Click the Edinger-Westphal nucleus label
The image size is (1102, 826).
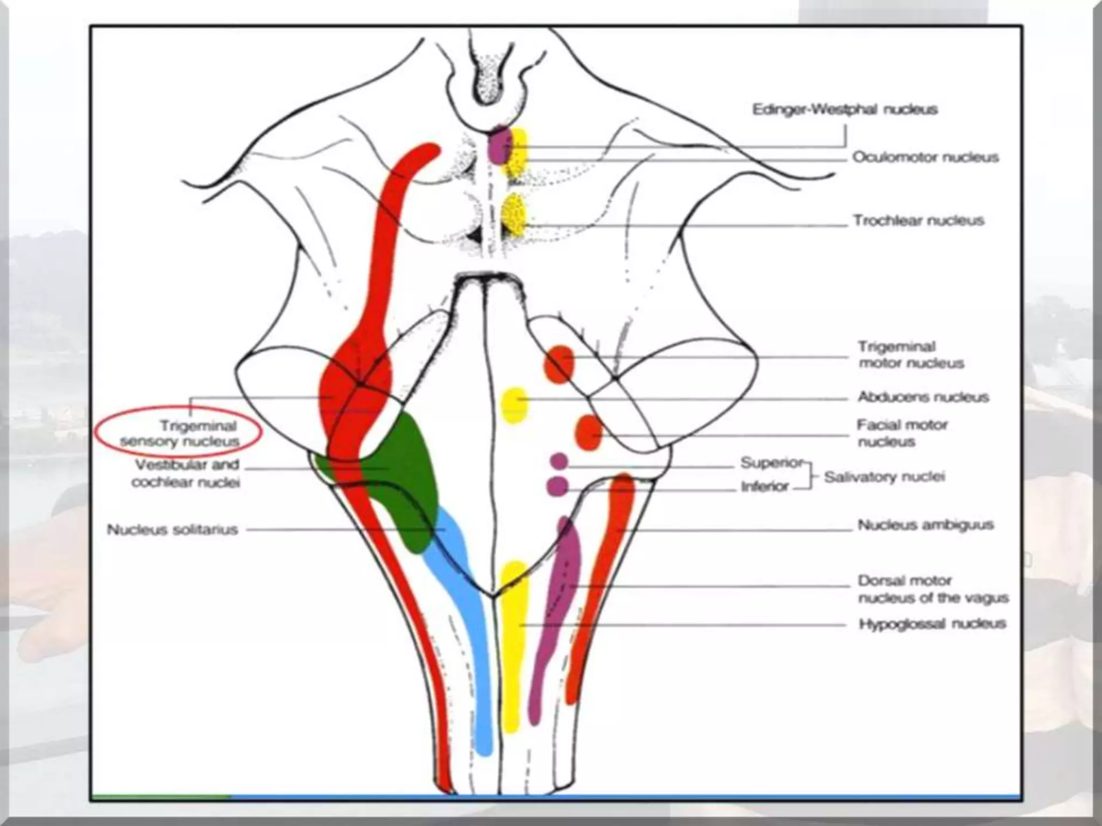[x=844, y=110]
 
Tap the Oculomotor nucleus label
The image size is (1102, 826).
[x=925, y=158]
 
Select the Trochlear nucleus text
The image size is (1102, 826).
[x=918, y=220]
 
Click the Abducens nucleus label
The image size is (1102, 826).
[x=923, y=397]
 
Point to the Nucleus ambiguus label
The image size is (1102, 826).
[x=925, y=525]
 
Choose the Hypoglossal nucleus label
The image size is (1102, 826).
[x=932, y=624]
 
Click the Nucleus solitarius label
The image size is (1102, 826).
[x=172, y=530]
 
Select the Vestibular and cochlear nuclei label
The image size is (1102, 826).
[x=186, y=473]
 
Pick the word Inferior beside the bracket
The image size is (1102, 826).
[x=764, y=487]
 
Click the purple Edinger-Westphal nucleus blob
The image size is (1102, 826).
[x=498, y=144]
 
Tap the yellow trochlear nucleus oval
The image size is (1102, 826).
[x=514, y=215]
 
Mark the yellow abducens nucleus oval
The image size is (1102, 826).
[x=514, y=405]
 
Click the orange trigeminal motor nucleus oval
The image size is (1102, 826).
[x=559, y=364]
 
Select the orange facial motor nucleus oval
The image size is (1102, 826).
[x=589, y=432]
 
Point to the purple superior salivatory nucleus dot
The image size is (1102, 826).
[x=559, y=461]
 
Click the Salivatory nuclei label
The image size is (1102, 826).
[x=884, y=477]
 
